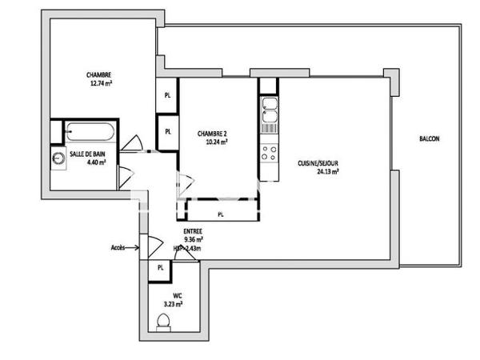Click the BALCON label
(429, 138)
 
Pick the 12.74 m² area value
(99, 84)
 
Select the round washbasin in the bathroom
(58, 158)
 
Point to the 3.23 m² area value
(174, 304)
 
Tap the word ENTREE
(192, 230)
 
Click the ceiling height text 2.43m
(195, 248)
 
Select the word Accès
(118, 247)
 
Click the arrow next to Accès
(134, 248)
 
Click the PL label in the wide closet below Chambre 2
(221, 214)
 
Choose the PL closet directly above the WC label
(160, 267)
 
